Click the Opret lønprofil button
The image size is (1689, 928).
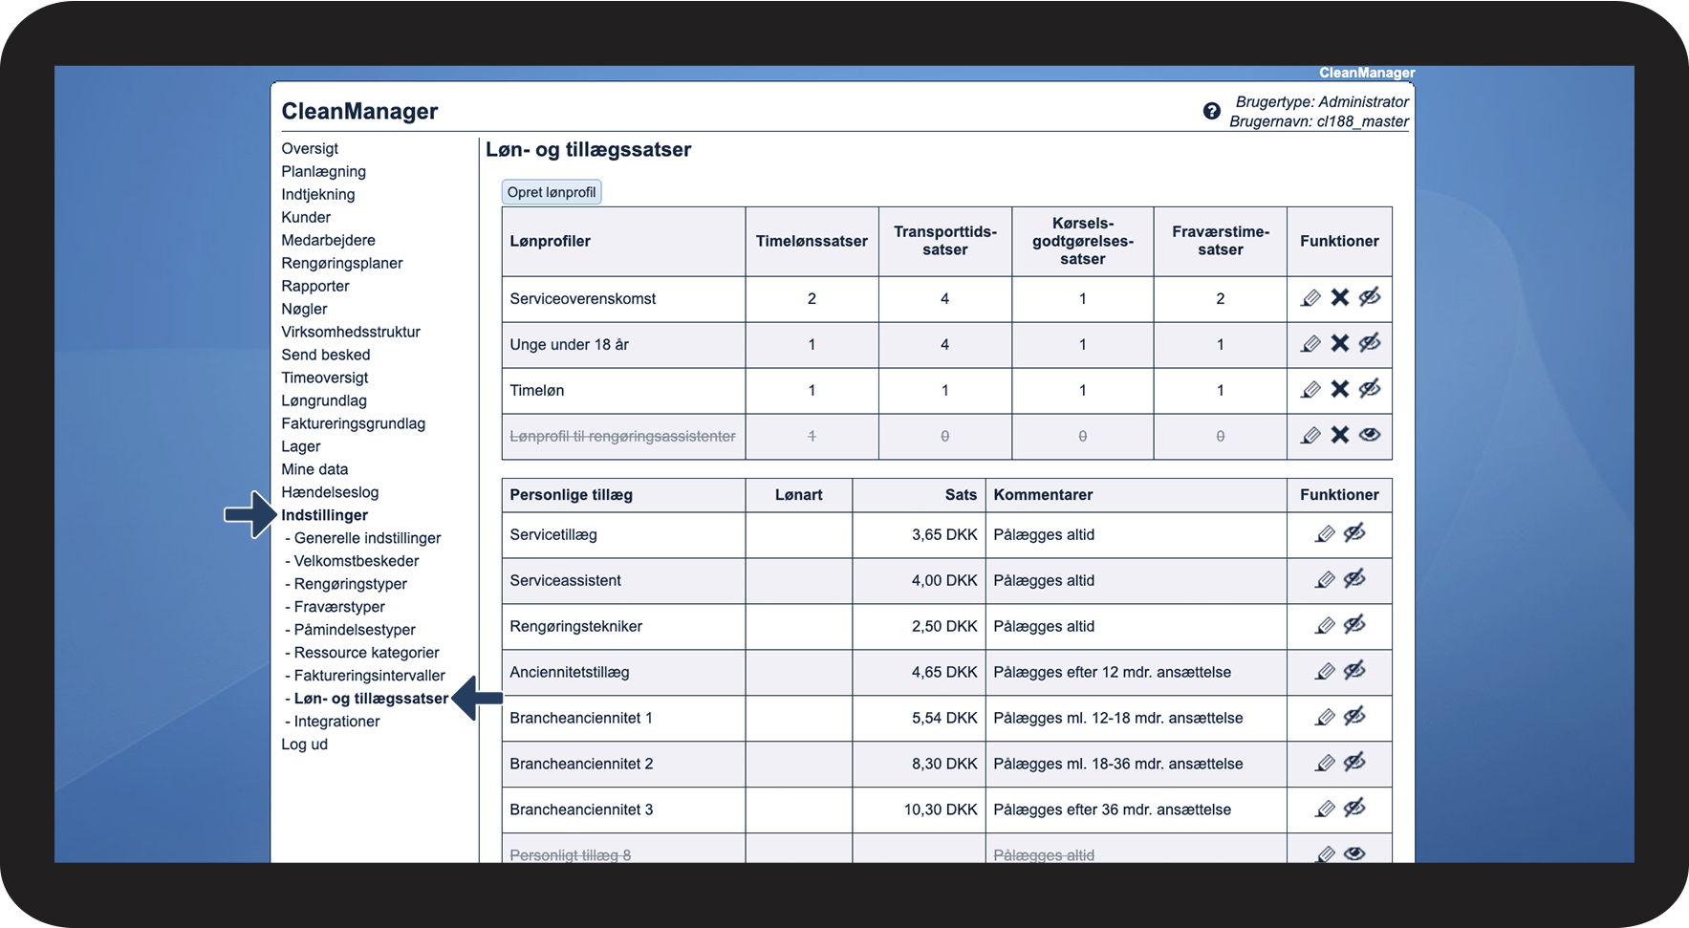pos(552,192)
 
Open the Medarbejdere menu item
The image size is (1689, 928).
pos(328,240)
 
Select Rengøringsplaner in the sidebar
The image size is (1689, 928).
pos(341,263)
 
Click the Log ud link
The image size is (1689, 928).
pos(304,745)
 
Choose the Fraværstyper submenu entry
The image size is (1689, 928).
pos(339,607)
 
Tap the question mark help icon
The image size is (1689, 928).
pos(1211,111)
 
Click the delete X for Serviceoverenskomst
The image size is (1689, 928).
pos(1340,298)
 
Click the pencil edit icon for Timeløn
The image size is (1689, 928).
pos(1310,390)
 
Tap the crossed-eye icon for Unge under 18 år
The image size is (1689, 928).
pos(1370,344)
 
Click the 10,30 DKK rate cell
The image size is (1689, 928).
pos(941,809)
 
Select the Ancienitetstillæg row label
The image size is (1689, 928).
pos(570,672)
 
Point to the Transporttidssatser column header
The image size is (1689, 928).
pos(944,241)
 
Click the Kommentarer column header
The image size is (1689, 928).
pos(1043,495)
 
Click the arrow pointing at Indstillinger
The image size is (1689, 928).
pos(249,515)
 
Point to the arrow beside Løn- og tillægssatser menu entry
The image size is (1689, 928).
pos(477,699)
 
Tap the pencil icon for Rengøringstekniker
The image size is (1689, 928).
pos(1325,626)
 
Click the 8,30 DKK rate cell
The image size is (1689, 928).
pos(944,764)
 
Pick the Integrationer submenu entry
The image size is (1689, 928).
pos(336,722)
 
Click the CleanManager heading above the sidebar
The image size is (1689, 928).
pos(359,112)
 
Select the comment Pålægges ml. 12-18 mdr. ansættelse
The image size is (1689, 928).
pos(1117,718)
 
